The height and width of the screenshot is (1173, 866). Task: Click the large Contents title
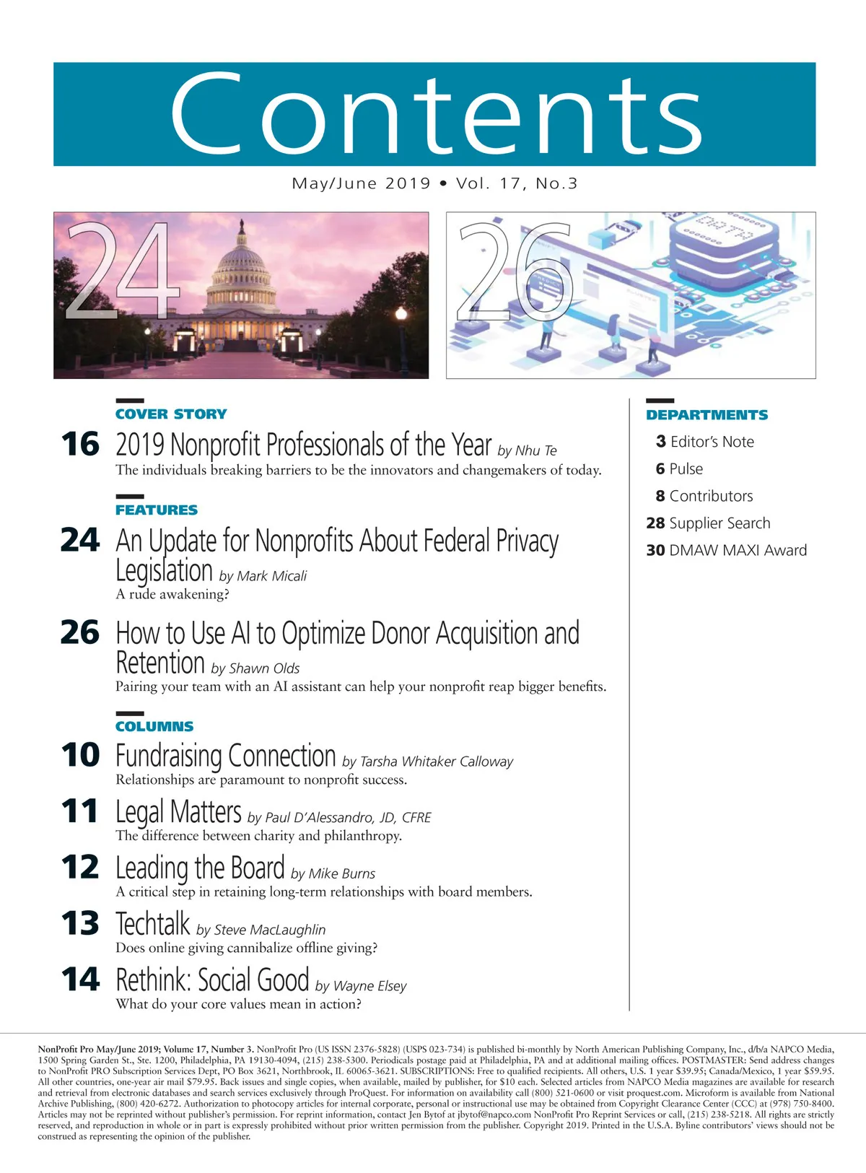point(435,113)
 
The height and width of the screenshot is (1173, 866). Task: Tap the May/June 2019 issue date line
point(434,183)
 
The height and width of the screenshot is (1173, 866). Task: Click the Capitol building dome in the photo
point(242,263)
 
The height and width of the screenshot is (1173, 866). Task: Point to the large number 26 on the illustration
point(514,273)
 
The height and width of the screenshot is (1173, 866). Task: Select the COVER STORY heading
point(171,414)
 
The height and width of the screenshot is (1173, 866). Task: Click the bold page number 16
point(80,445)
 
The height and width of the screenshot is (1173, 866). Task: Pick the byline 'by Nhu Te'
point(527,450)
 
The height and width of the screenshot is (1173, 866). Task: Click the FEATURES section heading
point(157,510)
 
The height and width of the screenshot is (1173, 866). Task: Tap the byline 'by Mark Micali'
point(263,576)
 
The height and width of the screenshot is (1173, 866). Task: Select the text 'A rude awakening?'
point(172,594)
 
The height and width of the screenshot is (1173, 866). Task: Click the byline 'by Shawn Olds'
point(255,668)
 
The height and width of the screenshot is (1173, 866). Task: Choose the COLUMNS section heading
point(154,727)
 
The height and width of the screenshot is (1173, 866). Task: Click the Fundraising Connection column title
point(226,756)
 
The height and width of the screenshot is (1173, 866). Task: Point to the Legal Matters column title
point(178,812)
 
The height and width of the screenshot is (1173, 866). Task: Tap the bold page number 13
point(80,924)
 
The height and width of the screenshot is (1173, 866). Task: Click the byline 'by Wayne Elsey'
point(361,986)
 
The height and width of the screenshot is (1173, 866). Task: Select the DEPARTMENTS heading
point(707,415)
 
